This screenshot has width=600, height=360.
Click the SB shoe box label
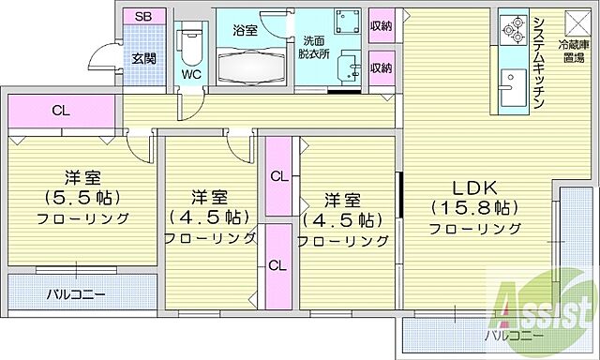pyautogui.click(x=143, y=17)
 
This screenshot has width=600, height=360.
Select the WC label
pyautogui.click(x=191, y=73)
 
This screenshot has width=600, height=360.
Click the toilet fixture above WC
pyautogui.click(x=190, y=42)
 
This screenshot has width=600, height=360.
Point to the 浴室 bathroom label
pyautogui.click(x=245, y=30)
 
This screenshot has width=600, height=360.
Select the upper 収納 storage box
pyautogui.click(x=380, y=25)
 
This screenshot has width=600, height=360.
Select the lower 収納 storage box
pyautogui.click(x=380, y=68)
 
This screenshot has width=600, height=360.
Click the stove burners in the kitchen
pyautogui.click(x=514, y=35)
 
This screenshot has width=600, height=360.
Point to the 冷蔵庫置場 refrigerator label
pyautogui.click(x=574, y=52)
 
